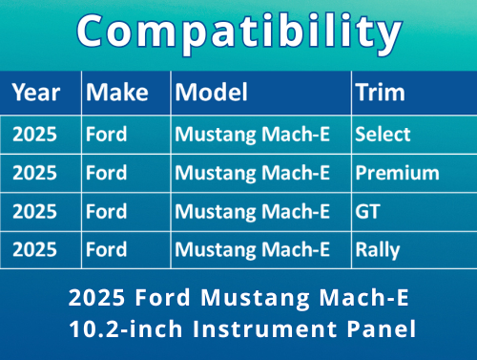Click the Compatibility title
(x=238, y=33)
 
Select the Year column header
(x=36, y=93)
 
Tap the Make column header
(x=116, y=93)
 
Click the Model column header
(x=212, y=93)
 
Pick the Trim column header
(x=380, y=93)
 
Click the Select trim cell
(x=383, y=135)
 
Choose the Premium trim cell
(x=397, y=174)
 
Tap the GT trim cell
(x=367, y=212)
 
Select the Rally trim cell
(x=378, y=251)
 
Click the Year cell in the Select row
(x=34, y=135)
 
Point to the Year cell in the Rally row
(x=34, y=251)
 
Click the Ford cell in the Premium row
(x=106, y=174)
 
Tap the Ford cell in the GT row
(x=106, y=212)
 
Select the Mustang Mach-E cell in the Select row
(x=253, y=135)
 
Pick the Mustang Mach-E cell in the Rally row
(x=253, y=251)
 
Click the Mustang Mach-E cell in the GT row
(x=253, y=212)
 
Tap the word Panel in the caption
(x=382, y=329)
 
